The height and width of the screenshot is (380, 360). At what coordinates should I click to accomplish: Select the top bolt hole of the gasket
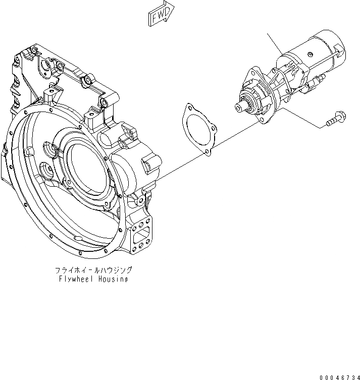[189, 107]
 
